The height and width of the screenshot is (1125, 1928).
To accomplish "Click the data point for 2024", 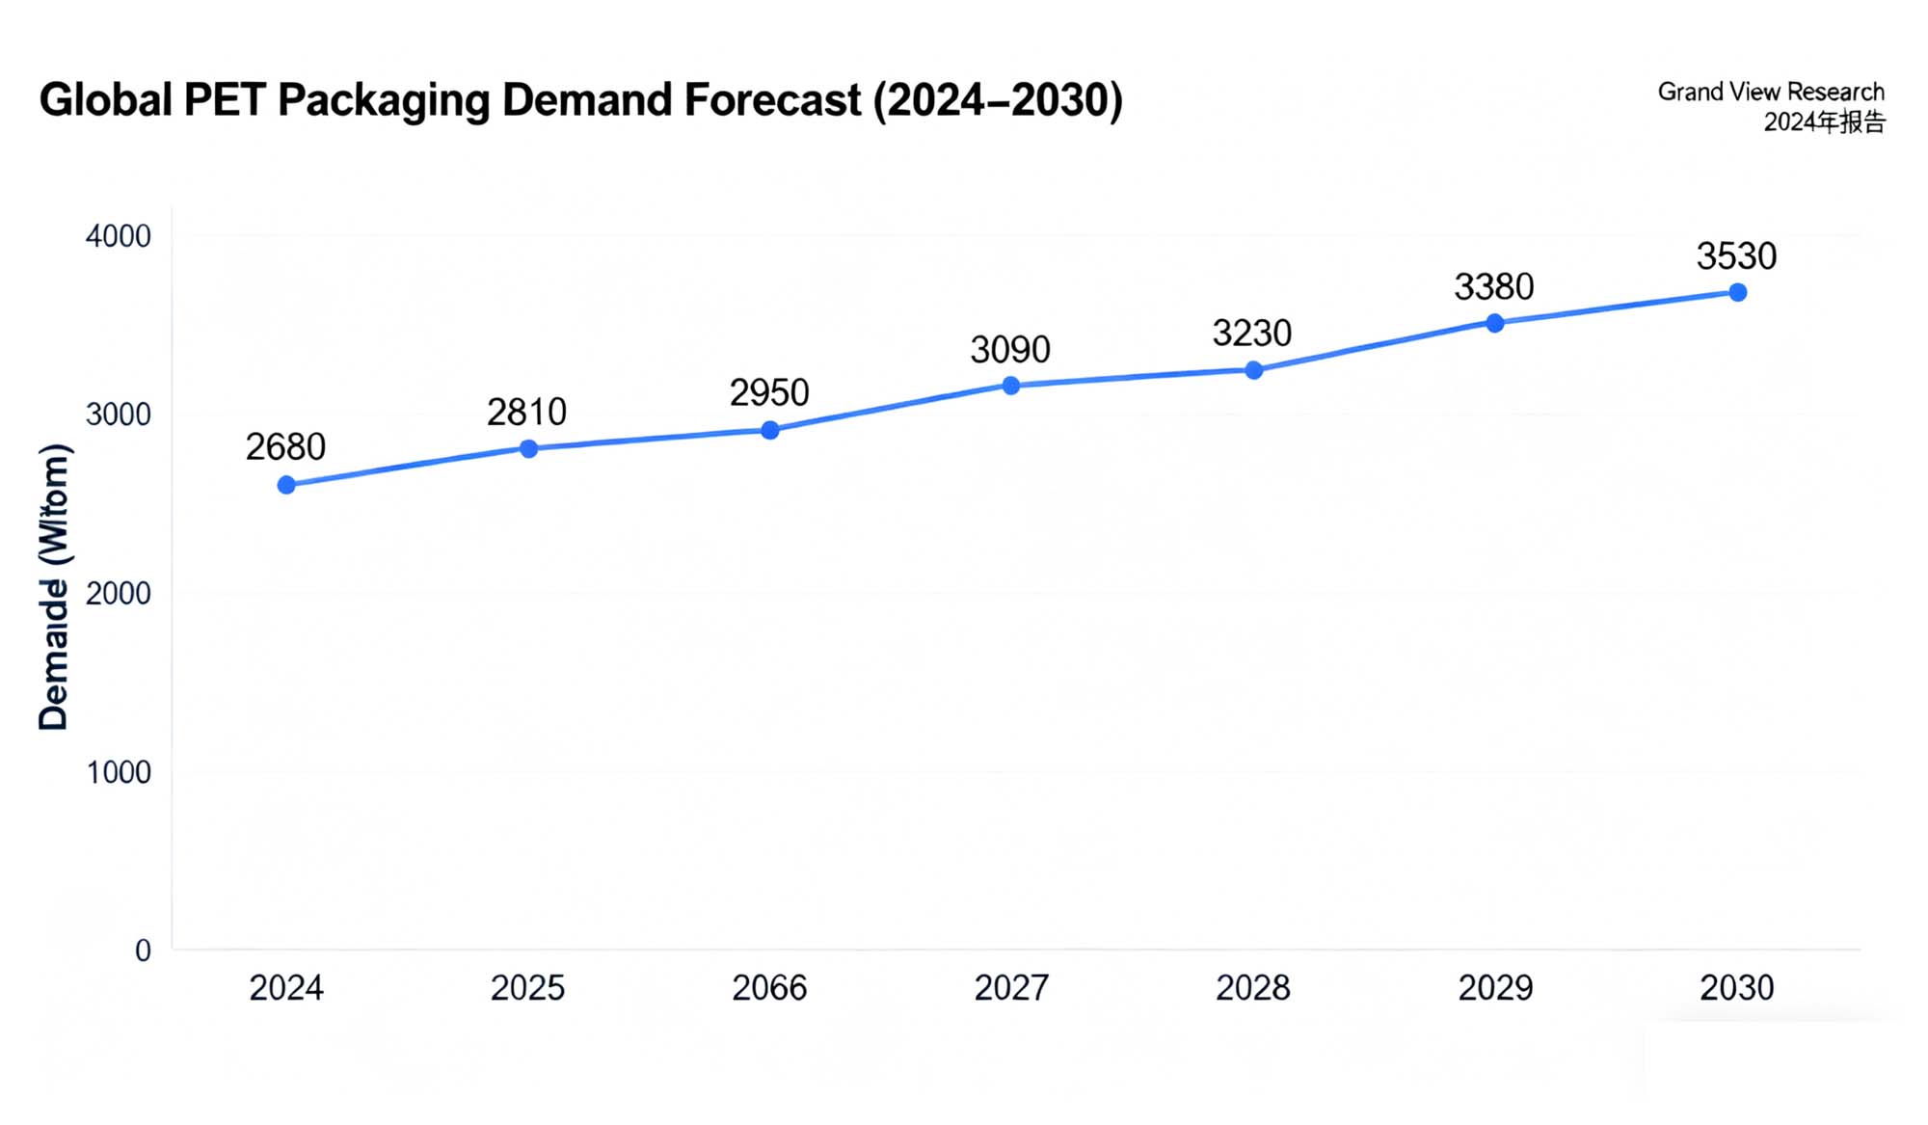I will pyautogui.click(x=286, y=485).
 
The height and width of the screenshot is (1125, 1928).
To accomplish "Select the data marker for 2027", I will pyautogui.click(x=1011, y=386).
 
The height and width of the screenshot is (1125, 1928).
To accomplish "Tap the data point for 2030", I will pyautogui.click(x=1737, y=292).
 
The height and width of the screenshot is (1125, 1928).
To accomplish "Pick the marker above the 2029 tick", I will pyautogui.click(x=1495, y=323).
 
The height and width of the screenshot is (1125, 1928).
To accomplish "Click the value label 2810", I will pyautogui.click(x=526, y=413).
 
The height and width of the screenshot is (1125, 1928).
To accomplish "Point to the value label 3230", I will pyautogui.click(x=1251, y=334).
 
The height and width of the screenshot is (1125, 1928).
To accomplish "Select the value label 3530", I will pyautogui.click(x=1736, y=256).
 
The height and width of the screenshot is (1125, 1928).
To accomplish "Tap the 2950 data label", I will pyautogui.click(x=768, y=393).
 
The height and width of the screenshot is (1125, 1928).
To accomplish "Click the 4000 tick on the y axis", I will pyautogui.click(x=119, y=236).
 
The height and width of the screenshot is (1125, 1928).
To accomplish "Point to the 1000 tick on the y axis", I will pyautogui.click(x=119, y=772).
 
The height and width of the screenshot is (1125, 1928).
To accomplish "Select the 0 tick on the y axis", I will pyautogui.click(x=143, y=951).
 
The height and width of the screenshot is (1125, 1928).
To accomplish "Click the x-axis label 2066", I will pyautogui.click(x=769, y=988).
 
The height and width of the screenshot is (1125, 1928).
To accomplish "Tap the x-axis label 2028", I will pyautogui.click(x=1252, y=988).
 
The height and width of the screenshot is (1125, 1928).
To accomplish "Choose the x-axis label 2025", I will pyautogui.click(x=527, y=988).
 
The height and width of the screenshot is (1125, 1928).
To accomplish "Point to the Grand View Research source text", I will pyautogui.click(x=1770, y=92).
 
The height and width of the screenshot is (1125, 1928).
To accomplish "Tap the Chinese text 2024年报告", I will pyautogui.click(x=1824, y=122).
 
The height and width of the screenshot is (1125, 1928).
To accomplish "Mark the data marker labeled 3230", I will pyautogui.click(x=1253, y=370).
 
